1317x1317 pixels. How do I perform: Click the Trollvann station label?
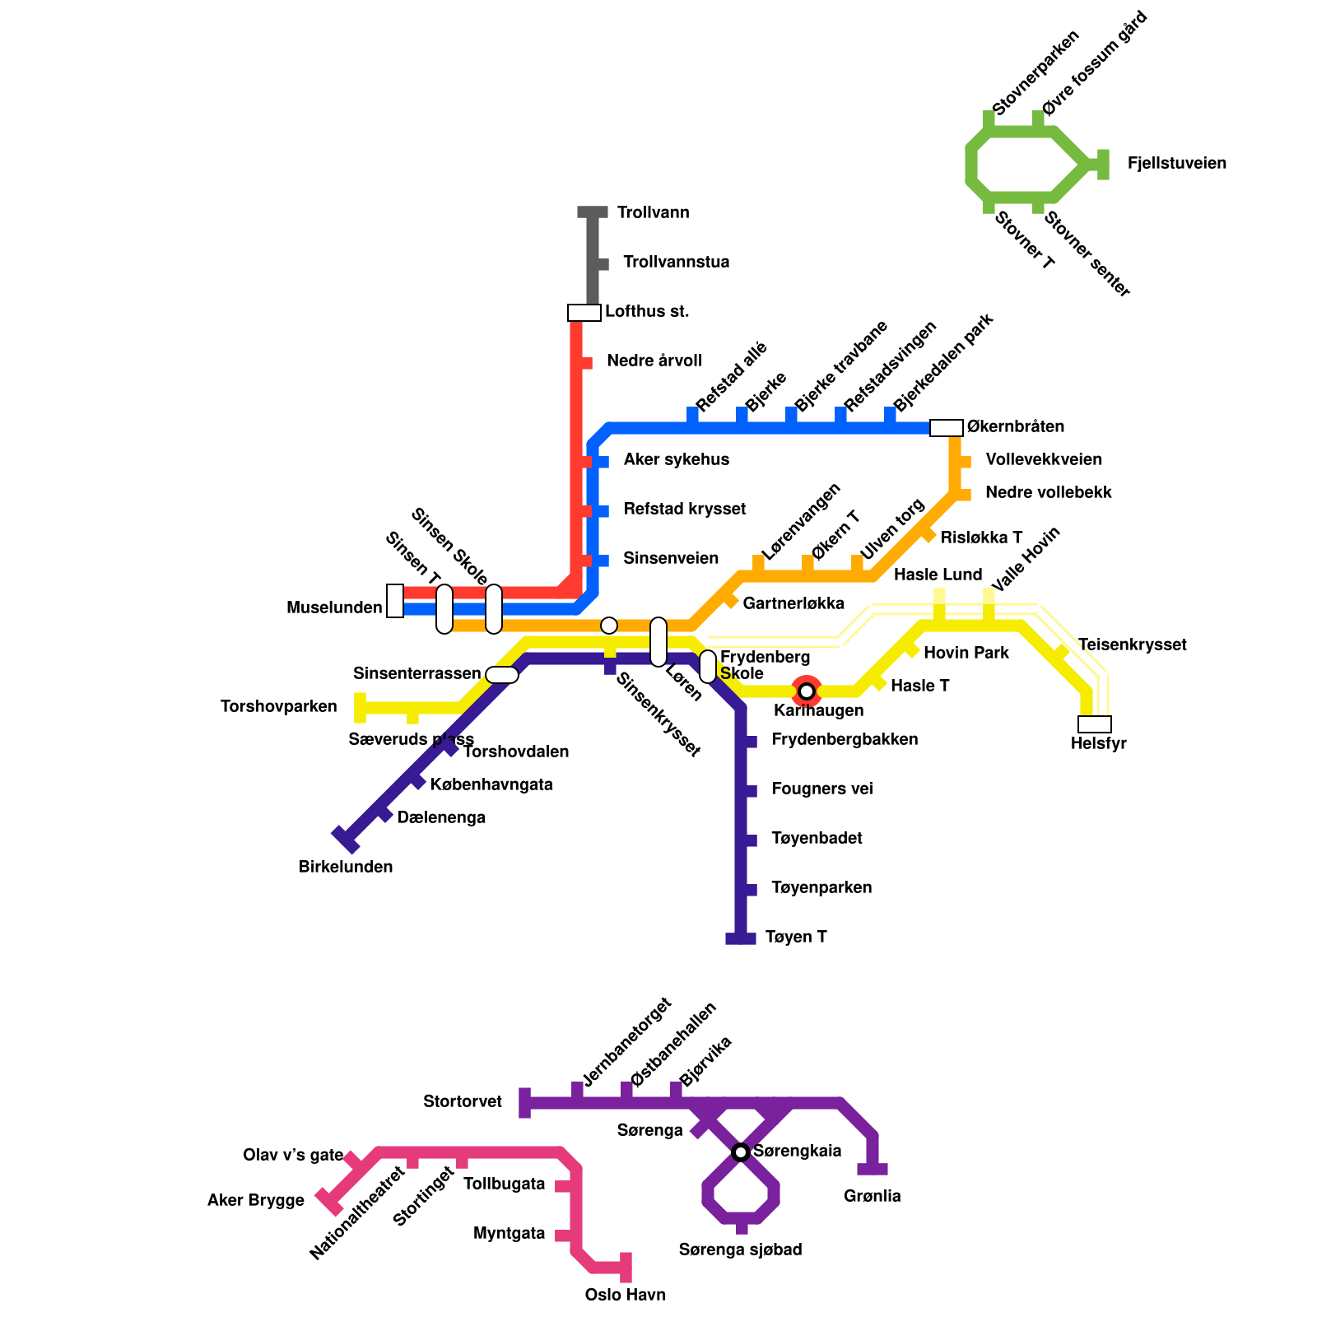(653, 213)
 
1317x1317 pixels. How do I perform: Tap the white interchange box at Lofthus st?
(584, 313)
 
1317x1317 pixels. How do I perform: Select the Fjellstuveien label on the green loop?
(1176, 164)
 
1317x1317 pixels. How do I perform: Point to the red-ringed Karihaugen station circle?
(807, 691)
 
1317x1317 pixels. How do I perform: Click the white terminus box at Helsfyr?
(1094, 724)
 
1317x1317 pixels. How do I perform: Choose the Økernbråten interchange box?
(946, 428)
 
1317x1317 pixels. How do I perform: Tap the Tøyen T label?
(795, 938)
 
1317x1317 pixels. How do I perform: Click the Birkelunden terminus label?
(346, 868)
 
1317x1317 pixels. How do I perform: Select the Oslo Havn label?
(626, 1296)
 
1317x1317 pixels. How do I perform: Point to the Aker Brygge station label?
(256, 1201)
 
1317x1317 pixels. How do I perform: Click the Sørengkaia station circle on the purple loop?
(741, 1152)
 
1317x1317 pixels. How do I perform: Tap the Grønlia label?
(873, 1197)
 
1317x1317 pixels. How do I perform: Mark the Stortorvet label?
(463, 1102)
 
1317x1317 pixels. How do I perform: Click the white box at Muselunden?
(395, 601)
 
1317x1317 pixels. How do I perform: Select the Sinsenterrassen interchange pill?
(502, 675)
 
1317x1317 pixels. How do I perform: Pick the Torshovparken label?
(279, 707)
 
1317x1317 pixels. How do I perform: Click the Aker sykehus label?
(676, 460)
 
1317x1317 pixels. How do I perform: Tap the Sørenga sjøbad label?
(741, 1250)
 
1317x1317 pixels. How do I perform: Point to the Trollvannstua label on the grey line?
(676, 263)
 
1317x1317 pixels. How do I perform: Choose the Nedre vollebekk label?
(1048, 493)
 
